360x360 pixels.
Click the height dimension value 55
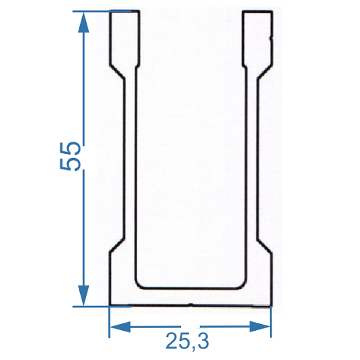click(70, 157)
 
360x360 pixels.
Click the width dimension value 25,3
click(187, 342)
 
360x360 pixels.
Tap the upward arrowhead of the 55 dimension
click(83, 22)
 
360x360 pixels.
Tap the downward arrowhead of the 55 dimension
click(83, 296)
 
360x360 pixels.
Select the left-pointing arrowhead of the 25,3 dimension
click(120, 327)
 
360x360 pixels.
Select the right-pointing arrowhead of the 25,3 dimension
click(260, 327)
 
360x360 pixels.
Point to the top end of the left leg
click(124, 11)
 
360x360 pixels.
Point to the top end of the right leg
click(258, 11)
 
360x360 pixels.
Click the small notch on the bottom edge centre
click(191, 304)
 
